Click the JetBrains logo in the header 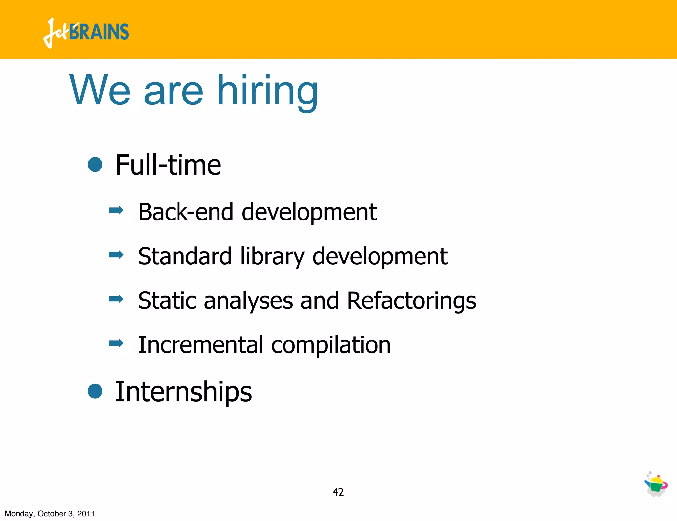pos(86,32)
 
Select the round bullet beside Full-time pos(95,164)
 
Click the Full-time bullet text pos(168,165)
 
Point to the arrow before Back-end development pos(116,210)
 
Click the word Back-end pos(185,212)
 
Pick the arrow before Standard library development pos(116,255)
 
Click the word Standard pos(185,257)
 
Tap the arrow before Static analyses pos(116,299)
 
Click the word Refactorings pos(412,301)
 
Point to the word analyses pos(248,301)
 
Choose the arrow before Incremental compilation pos(116,343)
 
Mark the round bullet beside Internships pos(95,391)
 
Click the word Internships pos(183,392)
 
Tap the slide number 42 pos(338,492)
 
